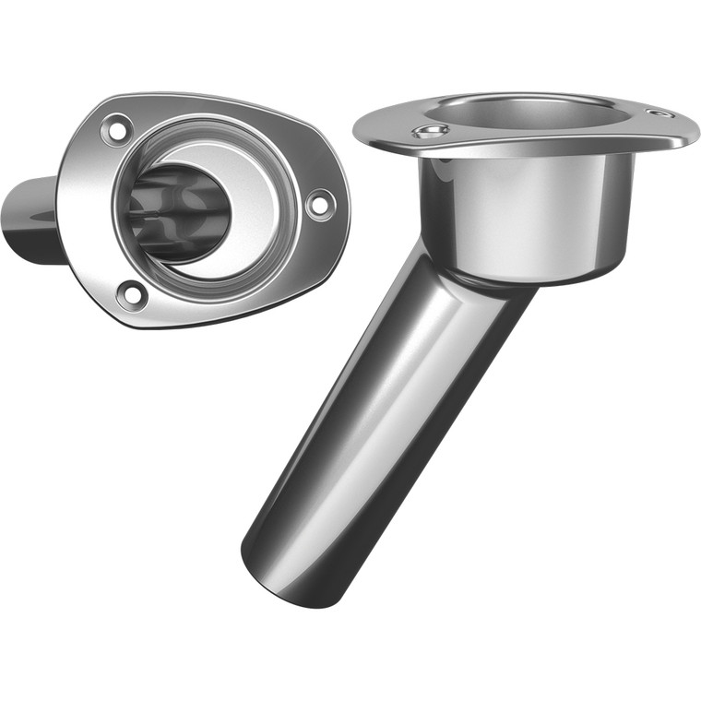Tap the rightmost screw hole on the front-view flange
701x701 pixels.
317,203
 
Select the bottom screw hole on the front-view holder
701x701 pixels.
133,294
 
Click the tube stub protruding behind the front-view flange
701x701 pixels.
32,221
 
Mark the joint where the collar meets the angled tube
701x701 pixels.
480,277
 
